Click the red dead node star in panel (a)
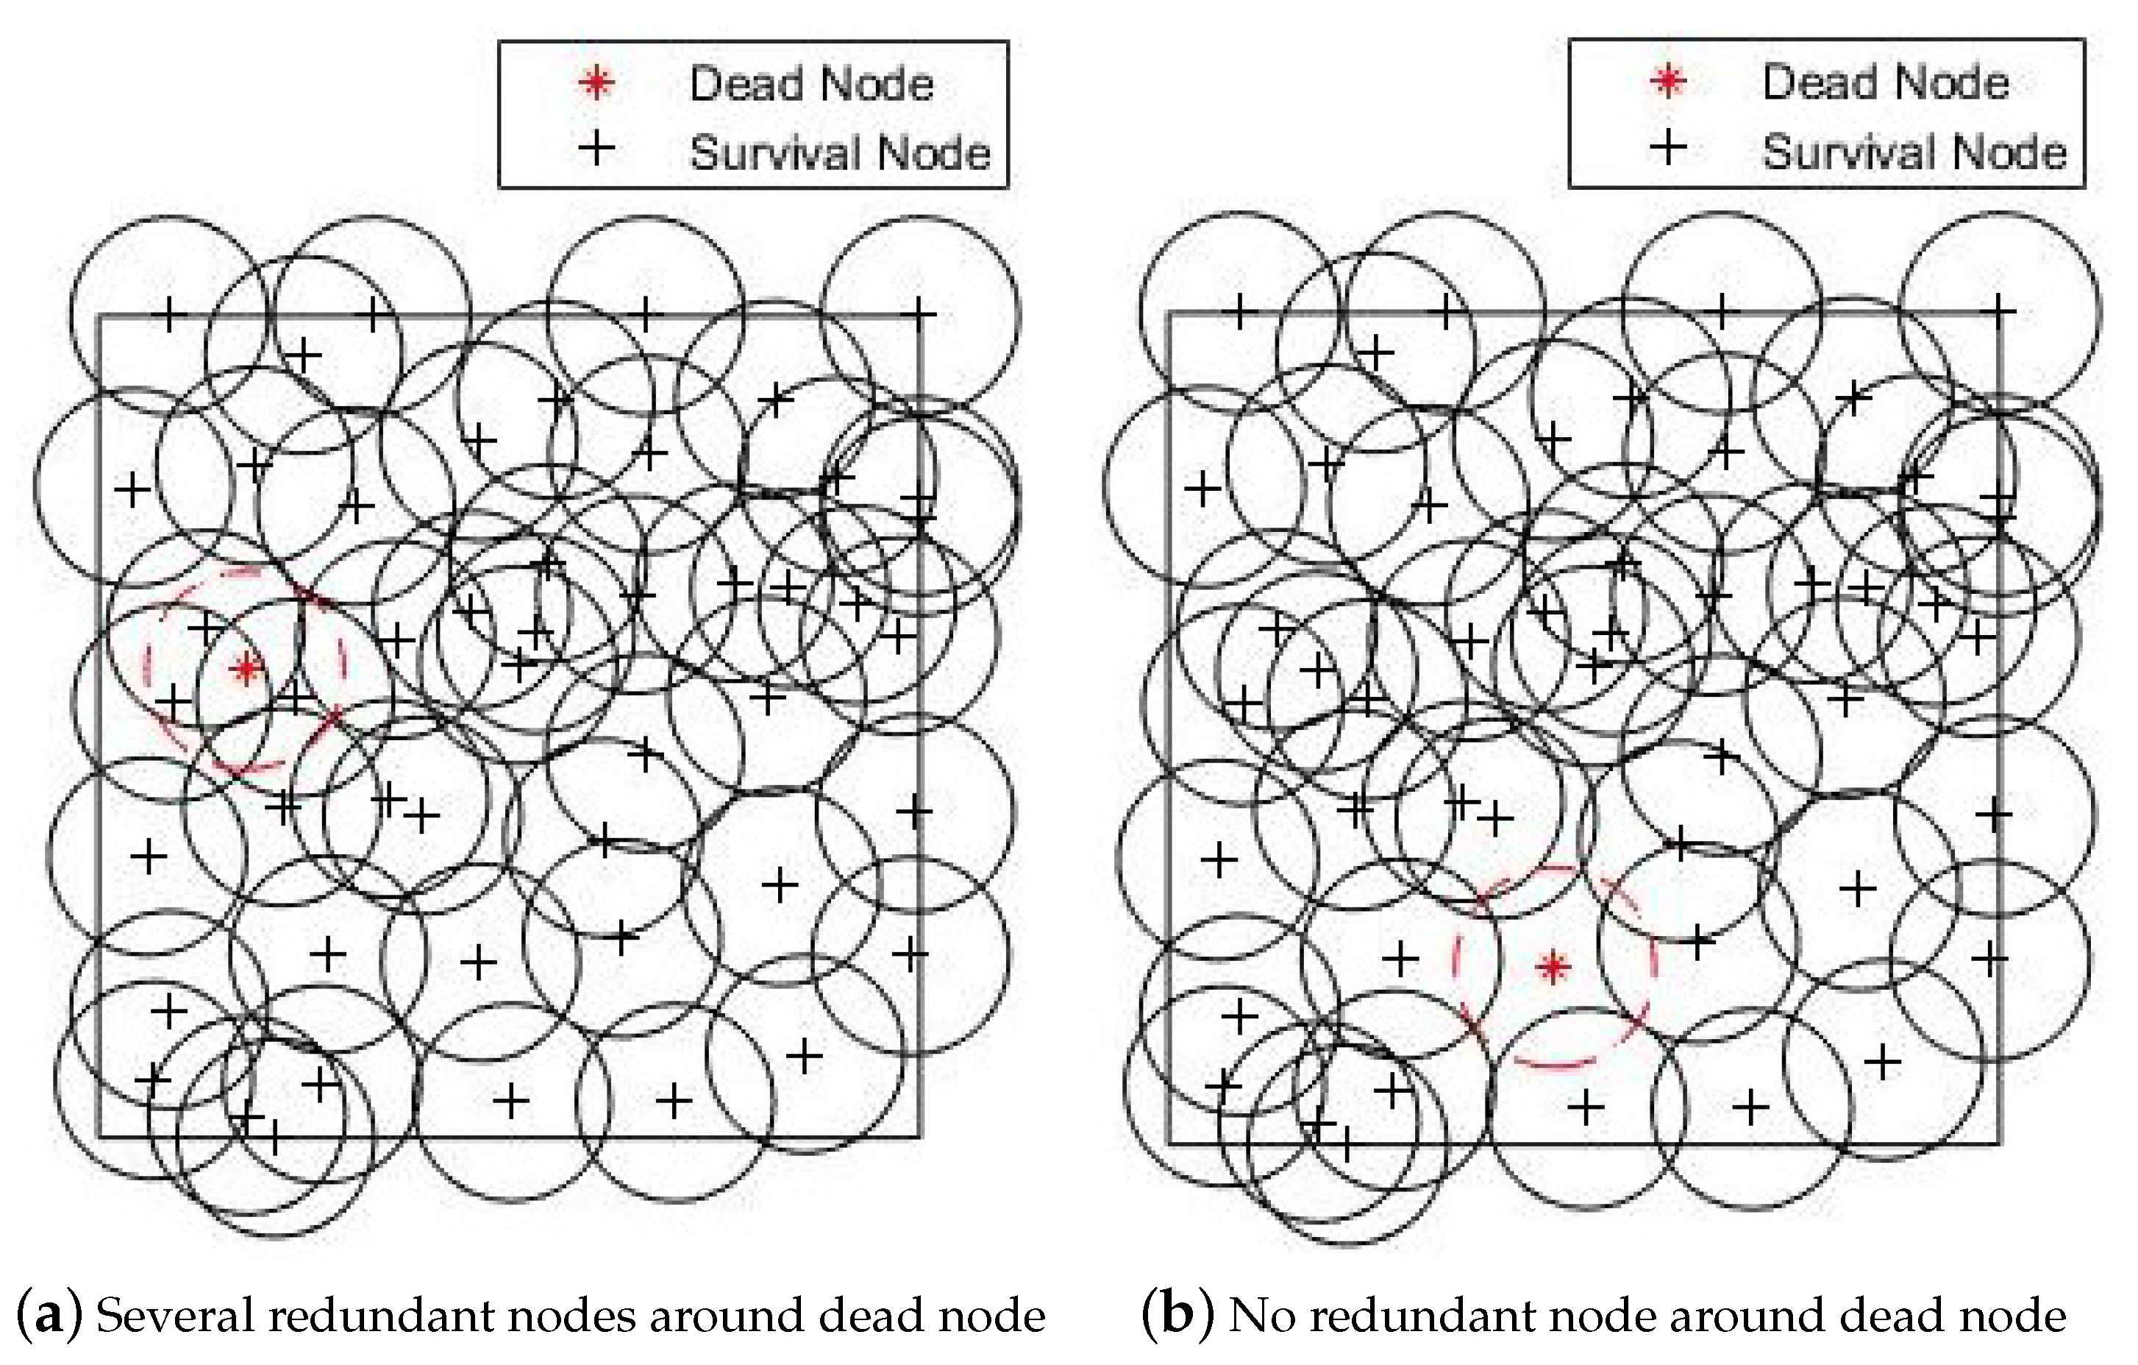tap(246, 668)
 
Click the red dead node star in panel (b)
tap(1553, 966)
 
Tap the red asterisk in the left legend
tap(596, 83)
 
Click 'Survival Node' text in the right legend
tap(1914, 152)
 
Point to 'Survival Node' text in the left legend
tap(839, 153)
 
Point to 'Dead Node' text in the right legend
tap(1885, 82)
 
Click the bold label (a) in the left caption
tap(50, 1315)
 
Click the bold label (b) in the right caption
tap(1177, 1315)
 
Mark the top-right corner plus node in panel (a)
tap(918, 313)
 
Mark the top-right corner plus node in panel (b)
tap(1998, 311)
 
